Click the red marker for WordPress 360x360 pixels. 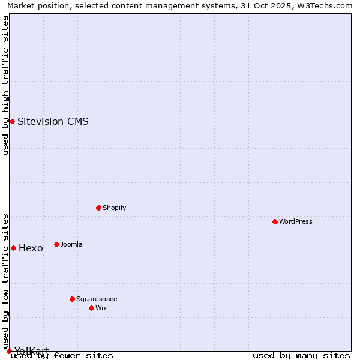click(275, 221)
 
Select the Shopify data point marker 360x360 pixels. click(98, 208)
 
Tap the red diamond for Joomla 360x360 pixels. click(56, 244)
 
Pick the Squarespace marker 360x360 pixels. click(72, 299)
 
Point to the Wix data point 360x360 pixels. click(91, 308)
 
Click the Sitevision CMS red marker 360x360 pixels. click(12, 121)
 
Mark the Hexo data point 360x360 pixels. click(13, 248)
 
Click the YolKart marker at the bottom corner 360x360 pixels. click(9, 351)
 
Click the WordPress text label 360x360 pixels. click(296, 221)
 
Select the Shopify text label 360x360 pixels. click(114, 208)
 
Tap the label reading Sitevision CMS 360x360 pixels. click(53, 121)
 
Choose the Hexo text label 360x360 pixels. click(31, 248)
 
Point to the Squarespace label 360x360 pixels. click(97, 299)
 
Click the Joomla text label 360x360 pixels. click(71, 244)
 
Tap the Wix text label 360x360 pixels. click(101, 308)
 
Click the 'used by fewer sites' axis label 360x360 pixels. click(62, 356)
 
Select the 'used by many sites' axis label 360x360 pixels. click(301, 356)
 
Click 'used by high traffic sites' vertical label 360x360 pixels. click(5, 85)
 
